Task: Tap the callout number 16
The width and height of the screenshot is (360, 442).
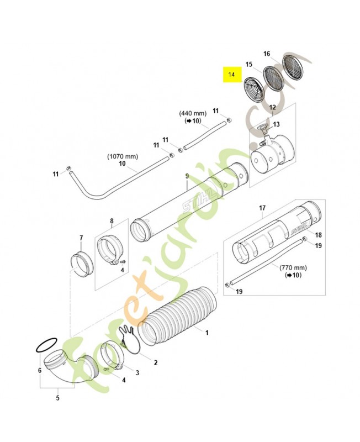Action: point(267,54)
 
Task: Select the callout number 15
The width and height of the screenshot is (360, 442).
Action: point(249,65)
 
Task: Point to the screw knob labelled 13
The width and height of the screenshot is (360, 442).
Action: point(261,130)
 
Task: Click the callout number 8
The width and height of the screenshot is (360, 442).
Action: point(112,222)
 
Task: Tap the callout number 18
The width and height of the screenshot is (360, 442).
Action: point(318,235)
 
